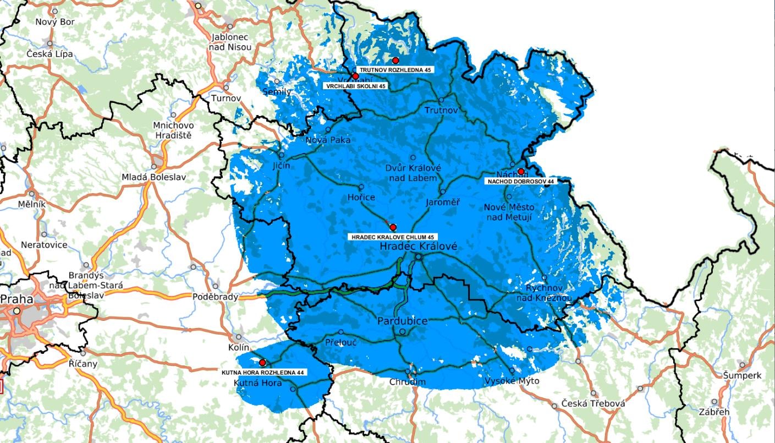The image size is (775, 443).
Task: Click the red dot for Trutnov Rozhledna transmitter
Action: click(395, 60)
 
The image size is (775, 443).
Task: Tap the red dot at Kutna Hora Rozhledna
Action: click(262, 363)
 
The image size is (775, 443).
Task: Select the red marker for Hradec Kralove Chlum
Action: click(393, 227)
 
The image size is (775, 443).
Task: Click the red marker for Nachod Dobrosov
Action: click(521, 171)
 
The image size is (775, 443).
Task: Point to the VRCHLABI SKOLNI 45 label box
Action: click(355, 86)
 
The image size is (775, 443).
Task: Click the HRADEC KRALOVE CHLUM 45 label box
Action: click(393, 237)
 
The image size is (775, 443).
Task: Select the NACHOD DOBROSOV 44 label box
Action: click(520, 181)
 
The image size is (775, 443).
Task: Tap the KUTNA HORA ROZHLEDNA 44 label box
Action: click(263, 373)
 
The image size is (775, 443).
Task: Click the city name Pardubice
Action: click(403, 320)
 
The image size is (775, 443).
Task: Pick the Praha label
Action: click(17, 299)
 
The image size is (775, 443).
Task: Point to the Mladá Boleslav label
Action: click(154, 177)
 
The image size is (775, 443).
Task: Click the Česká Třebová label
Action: click(593, 404)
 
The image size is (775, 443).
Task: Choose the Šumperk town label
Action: click(743, 375)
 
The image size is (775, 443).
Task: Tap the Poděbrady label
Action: click(216, 297)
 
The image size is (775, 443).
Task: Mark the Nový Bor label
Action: click(54, 22)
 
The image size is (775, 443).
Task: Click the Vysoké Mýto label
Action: click(512, 381)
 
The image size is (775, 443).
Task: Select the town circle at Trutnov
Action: click(441, 100)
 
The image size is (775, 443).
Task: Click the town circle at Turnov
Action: click(226, 87)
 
